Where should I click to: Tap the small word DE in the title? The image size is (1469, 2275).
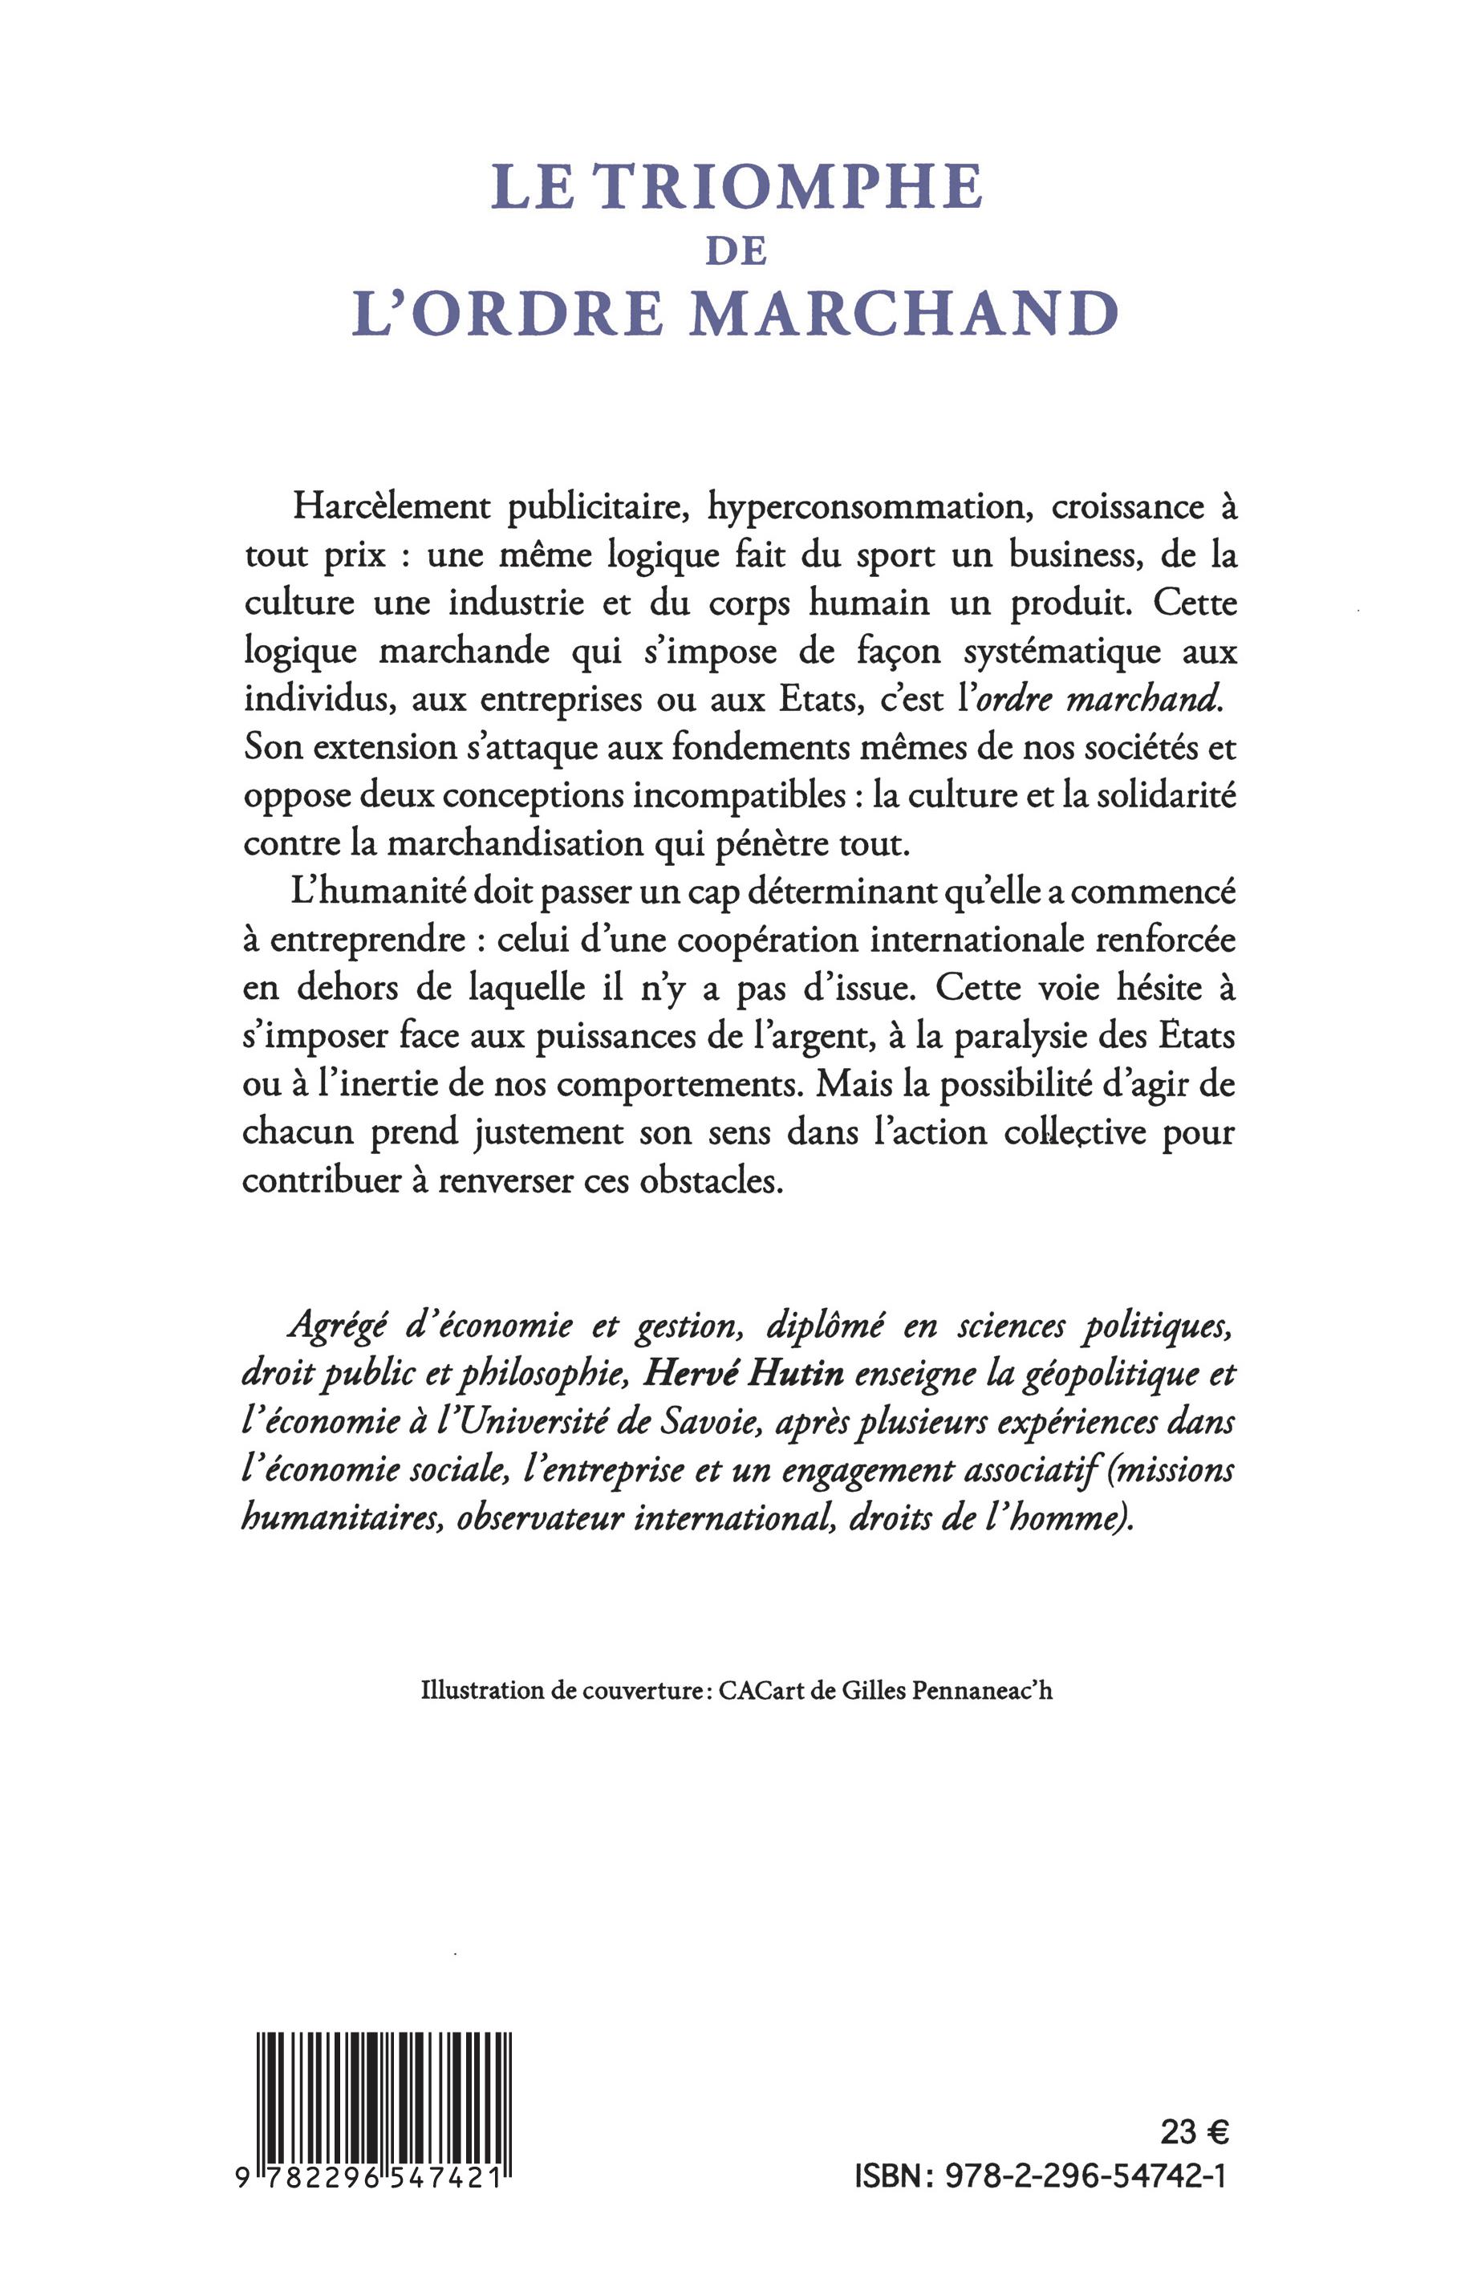point(736,251)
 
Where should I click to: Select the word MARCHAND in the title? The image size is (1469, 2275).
point(903,312)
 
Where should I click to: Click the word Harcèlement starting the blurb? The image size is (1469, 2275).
point(391,506)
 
